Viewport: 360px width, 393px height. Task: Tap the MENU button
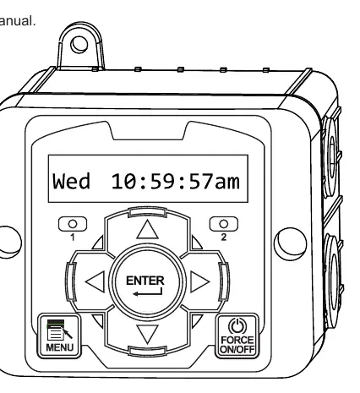[x=59, y=336]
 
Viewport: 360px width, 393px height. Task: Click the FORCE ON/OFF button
[x=237, y=336]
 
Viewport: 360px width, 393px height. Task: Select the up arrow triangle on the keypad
[x=147, y=230]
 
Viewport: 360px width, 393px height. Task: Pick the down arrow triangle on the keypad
[x=147, y=334]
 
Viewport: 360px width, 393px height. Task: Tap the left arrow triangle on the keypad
[x=95, y=281]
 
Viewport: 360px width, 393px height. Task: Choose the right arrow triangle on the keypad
[x=200, y=281]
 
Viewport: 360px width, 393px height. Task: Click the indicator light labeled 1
[x=73, y=224]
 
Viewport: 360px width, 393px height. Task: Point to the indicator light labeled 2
[x=224, y=224]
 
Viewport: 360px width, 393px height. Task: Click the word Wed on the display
[x=71, y=181]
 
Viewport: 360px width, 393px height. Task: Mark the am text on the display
[x=227, y=182]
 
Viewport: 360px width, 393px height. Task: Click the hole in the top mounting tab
[x=79, y=45]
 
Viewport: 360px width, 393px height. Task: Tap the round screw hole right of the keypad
[x=291, y=244]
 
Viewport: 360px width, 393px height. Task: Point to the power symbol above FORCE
[x=237, y=326]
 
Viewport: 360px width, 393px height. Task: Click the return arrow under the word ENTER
[x=148, y=292]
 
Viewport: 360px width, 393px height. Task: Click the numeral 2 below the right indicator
[x=224, y=237]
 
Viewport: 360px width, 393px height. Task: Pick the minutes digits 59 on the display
[x=163, y=181]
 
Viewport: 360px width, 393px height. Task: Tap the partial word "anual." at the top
[x=18, y=21]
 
